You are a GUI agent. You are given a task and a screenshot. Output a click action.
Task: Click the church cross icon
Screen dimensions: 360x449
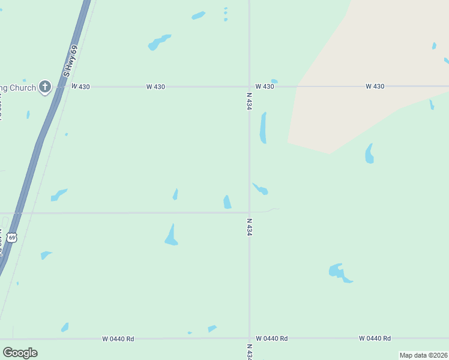[44, 87]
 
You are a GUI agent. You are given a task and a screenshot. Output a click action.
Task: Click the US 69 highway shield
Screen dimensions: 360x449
[12, 238]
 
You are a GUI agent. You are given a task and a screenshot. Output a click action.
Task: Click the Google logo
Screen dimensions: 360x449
[20, 352]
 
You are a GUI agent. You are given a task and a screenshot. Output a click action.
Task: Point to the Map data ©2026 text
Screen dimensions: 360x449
[423, 355]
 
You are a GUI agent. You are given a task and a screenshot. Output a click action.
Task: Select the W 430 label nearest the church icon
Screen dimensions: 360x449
[80, 87]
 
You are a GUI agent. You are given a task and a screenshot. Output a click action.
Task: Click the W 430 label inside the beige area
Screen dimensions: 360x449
[375, 87]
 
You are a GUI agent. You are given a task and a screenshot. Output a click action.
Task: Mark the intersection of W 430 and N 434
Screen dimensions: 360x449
[249, 86]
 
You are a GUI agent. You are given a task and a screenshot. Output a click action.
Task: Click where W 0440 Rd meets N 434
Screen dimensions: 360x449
[249, 338]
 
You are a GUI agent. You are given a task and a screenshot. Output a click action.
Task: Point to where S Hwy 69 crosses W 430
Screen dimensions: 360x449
[59, 87]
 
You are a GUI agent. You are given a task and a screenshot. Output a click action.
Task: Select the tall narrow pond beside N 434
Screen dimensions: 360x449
[263, 128]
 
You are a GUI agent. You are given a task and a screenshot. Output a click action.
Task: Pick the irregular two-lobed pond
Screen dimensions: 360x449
[339, 273]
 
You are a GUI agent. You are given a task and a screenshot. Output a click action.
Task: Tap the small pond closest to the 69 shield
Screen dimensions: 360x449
[45, 255]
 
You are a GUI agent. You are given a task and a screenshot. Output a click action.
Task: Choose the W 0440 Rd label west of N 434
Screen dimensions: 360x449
[118, 339]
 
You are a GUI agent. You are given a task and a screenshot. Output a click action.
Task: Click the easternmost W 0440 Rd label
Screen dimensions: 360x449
[375, 338]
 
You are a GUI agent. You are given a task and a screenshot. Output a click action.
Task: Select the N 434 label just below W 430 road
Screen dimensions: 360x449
[249, 101]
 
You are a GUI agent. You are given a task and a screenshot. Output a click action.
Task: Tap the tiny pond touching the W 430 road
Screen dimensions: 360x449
[274, 82]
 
